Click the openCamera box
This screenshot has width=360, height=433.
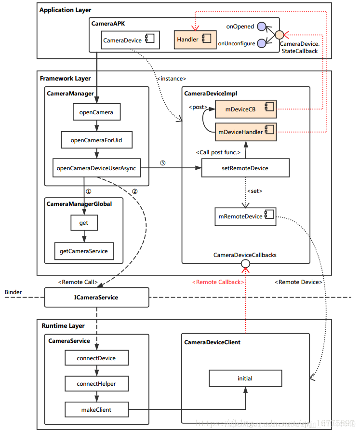pos(96,112)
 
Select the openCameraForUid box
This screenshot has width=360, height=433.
pos(96,140)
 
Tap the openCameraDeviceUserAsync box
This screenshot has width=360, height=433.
pos(97,168)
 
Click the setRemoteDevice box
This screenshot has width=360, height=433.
pos(245,168)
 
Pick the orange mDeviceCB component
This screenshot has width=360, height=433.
pos(245,109)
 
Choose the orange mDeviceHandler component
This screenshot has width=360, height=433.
pos(245,131)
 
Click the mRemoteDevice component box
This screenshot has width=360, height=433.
pos(245,216)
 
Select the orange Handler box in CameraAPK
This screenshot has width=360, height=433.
pos(191,40)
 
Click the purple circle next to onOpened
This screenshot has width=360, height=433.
pos(262,27)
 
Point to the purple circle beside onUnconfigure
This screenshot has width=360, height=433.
pos(262,43)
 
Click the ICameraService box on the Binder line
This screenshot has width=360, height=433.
pos(96,298)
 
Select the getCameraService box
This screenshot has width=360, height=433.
pos(84,251)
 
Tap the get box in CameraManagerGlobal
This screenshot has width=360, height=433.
pos(84,223)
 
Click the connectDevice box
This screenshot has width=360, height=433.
pos(96,358)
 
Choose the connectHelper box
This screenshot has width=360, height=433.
pos(96,384)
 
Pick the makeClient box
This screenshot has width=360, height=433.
pos(96,409)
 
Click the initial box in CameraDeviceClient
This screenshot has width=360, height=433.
pos(245,379)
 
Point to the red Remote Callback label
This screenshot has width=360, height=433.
pos(217,282)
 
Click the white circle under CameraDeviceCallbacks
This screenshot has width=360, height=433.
pos(245,263)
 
